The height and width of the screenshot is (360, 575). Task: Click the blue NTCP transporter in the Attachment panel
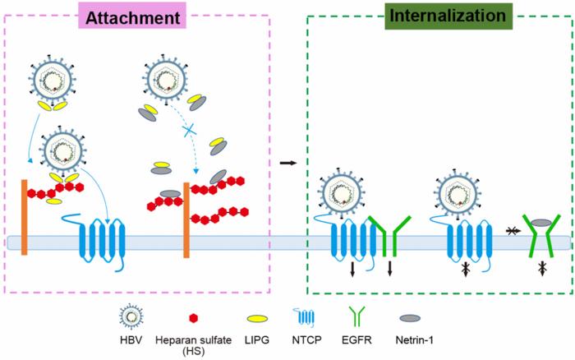click(x=102, y=242)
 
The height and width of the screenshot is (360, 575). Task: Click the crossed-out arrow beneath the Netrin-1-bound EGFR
click(x=541, y=268)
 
